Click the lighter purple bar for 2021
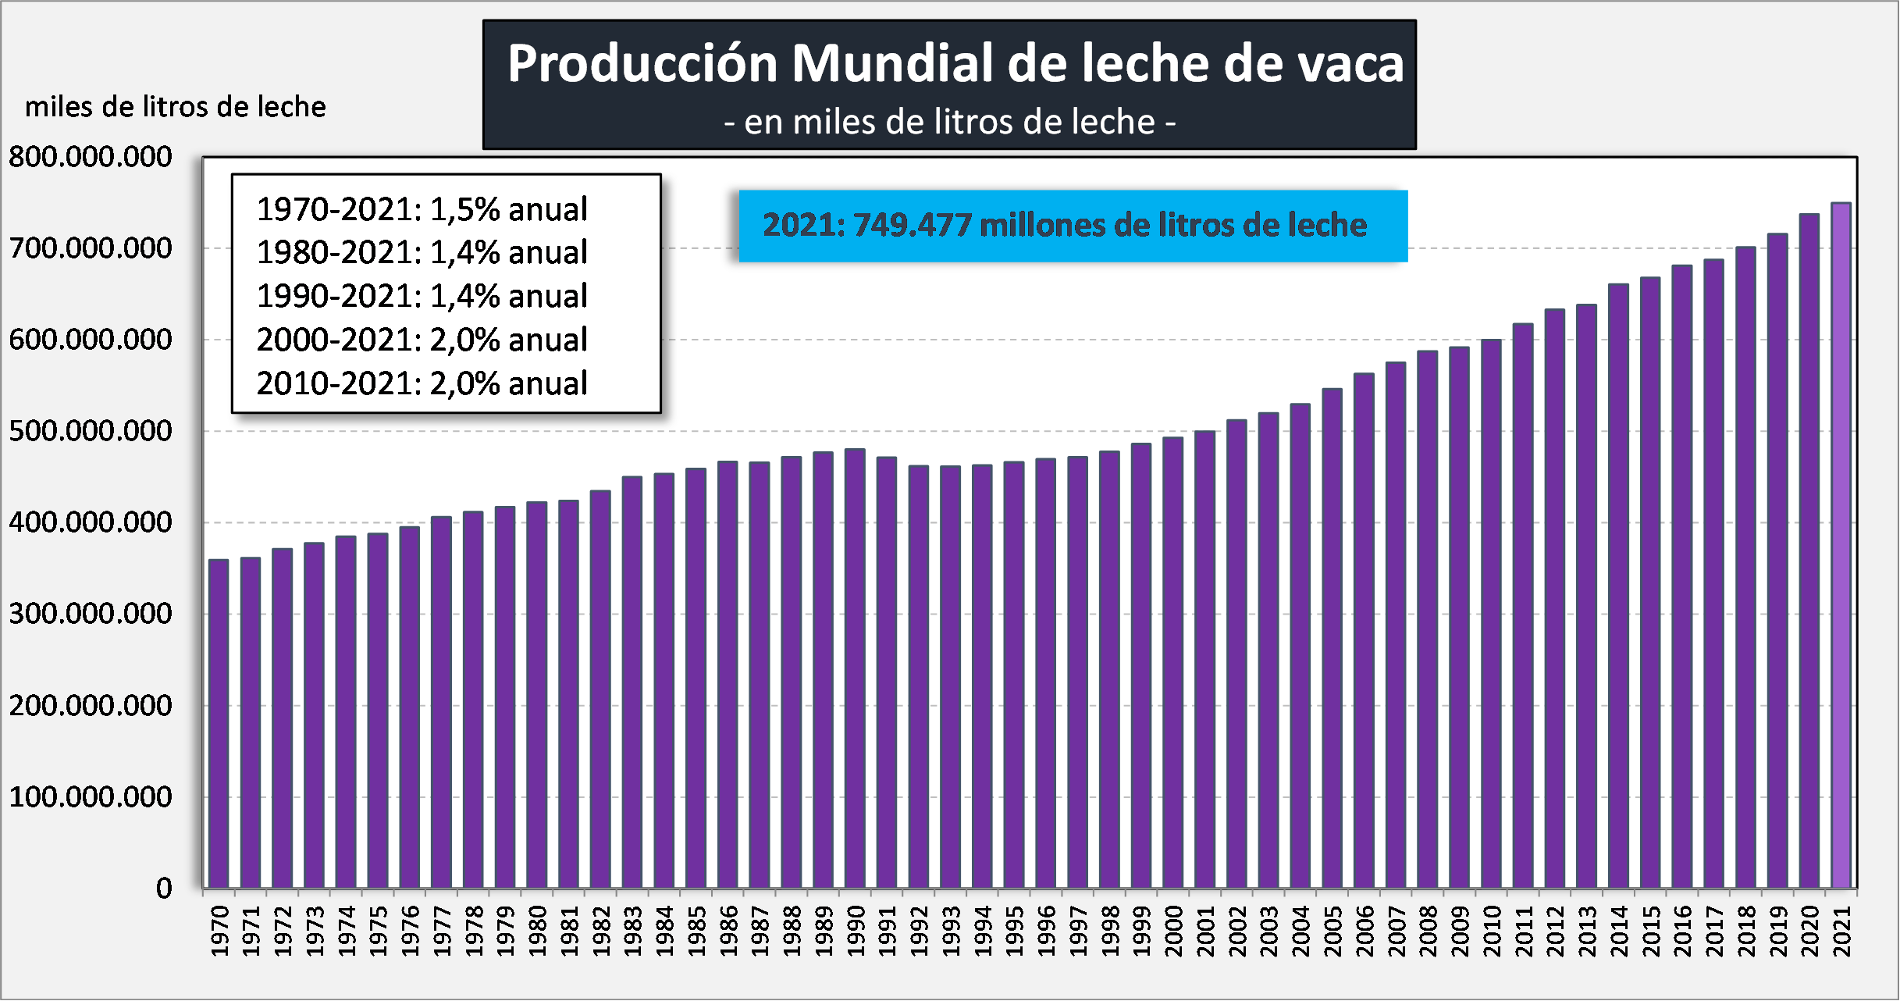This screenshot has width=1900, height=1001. tap(1841, 547)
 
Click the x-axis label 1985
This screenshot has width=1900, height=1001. tap(696, 931)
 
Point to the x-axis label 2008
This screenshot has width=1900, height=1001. tap(1428, 931)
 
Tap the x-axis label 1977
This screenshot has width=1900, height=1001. tap(442, 931)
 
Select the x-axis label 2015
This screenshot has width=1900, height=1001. tap(1651, 931)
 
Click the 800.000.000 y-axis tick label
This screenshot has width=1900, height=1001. tap(91, 157)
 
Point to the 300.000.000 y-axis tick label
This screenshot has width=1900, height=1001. tap(91, 614)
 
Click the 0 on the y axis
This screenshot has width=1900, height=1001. tap(164, 889)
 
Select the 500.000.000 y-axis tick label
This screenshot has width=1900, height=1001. tap(91, 431)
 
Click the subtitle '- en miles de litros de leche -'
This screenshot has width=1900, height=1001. tap(949, 123)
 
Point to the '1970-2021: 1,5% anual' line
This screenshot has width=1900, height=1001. tap(422, 209)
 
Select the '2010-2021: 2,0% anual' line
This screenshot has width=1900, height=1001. tap(422, 383)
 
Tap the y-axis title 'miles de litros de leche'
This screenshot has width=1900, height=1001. tap(176, 107)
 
